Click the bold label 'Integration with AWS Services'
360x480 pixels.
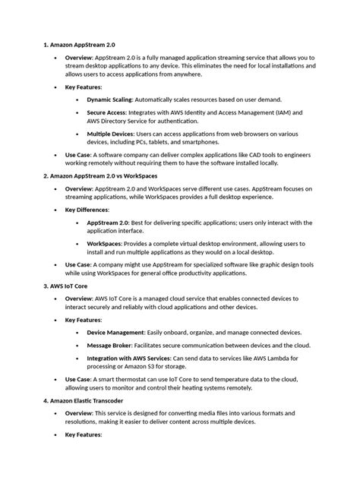[129, 358]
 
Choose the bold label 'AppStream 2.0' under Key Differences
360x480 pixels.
[109, 223]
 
